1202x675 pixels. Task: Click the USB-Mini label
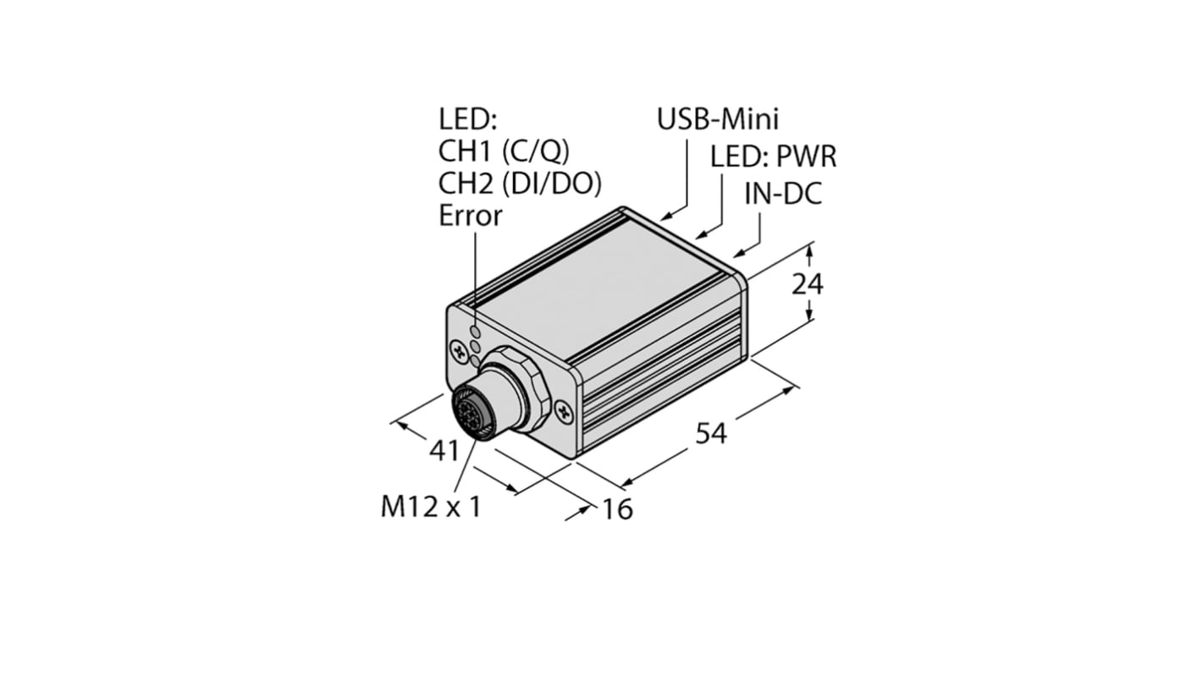click(x=718, y=119)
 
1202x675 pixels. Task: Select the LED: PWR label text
click(x=773, y=156)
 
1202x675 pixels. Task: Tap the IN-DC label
click(x=783, y=194)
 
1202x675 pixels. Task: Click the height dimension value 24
click(x=807, y=285)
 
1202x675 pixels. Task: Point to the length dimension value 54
click(x=711, y=433)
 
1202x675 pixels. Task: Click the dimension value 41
click(x=444, y=451)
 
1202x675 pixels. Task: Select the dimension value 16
click(x=618, y=509)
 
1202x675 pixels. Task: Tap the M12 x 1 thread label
click(x=431, y=507)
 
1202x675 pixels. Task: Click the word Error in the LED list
click(x=470, y=216)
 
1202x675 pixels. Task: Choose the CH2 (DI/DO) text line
click(x=526, y=183)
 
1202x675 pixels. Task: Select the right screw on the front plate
click(x=565, y=412)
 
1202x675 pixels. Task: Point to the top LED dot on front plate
click(x=476, y=332)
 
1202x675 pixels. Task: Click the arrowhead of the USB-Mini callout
click(x=664, y=217)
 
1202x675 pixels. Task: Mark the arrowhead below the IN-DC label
click(x=736, y=252)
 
